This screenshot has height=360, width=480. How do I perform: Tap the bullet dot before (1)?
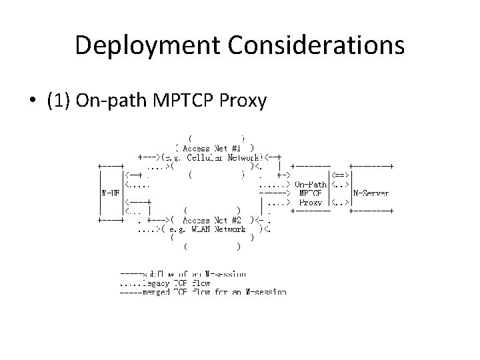pos(33,101)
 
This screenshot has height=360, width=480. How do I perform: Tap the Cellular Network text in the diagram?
pos(221,157)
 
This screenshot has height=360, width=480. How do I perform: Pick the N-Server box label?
pos(371,193)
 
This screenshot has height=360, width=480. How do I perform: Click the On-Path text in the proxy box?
pos(311,185)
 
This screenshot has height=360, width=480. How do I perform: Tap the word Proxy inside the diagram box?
pos(311,202)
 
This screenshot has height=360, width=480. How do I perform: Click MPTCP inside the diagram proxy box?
pos(311,193)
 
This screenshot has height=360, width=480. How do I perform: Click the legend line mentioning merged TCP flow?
pos(203,291)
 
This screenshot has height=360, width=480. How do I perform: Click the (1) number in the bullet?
pos(59,101)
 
